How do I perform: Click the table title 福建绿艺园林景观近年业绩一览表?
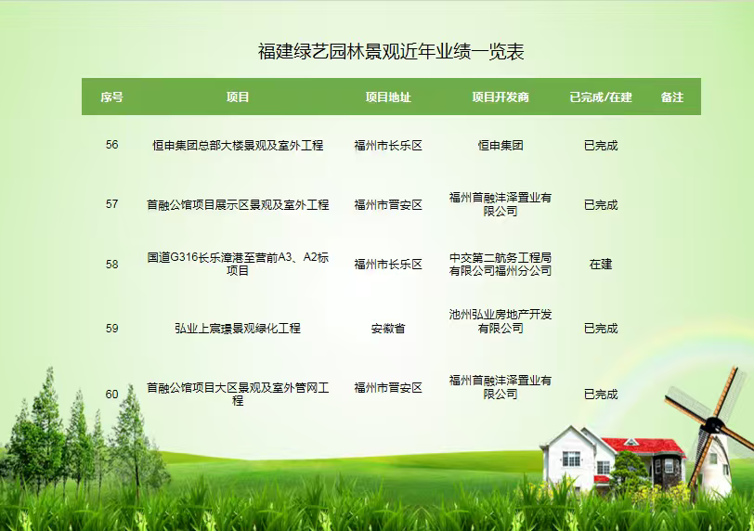coord(390,52)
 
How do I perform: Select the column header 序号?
coord(111,97)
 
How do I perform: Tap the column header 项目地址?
coord(388,97)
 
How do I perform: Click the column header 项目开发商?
coord(500,97)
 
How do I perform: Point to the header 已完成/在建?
coord(601,97)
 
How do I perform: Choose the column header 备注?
coord(671,97)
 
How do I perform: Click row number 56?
coord(111,145)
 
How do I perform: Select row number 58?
coord(111,265)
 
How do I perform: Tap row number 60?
coord(111,394)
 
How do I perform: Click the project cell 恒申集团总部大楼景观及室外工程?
coord(238,145)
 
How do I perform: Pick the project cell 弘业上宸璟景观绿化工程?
coord(238,329)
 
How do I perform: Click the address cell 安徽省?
coord(388,329)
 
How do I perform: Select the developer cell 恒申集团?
coord(500,145)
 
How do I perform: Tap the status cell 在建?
coord(601,265)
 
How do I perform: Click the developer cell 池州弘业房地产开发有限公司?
coord(500,321)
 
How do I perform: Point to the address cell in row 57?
coord(388,205)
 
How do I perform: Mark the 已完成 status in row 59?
coord(601,329)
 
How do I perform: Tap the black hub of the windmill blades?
coord(713,423)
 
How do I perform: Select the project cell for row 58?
coord(238,264)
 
